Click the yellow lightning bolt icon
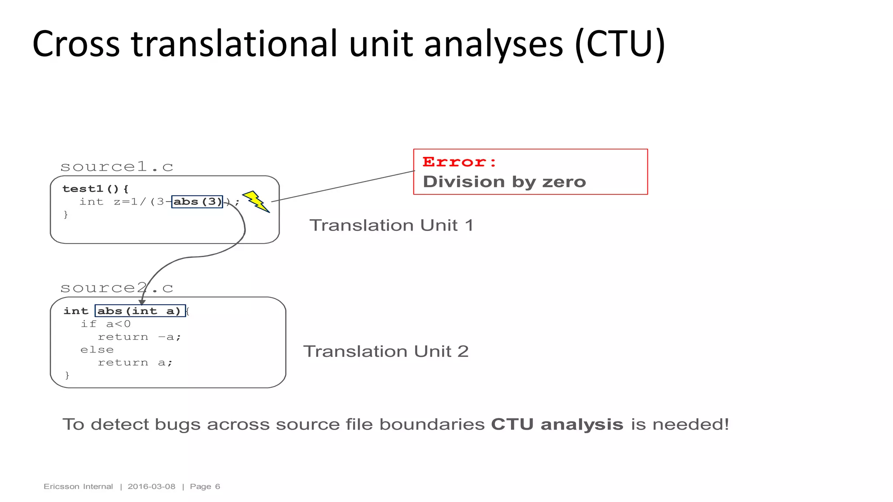coord(256,201)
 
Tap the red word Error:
coord(460,162)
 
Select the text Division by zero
coord(504,182)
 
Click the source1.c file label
coord(116,166)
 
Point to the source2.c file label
coord(116,288)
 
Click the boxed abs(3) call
coord(197,202)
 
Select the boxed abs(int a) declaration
coord(140,311)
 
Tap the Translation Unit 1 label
coord(391,225)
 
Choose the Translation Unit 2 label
coord(386,351)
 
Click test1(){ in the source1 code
coord(95,189)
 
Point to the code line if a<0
coord(106,324)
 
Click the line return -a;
coord(139,337)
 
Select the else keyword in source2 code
coord(97,349)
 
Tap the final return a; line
coord(135,363)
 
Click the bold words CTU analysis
coord(557,424)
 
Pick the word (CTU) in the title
coord(620,44)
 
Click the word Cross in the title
coord(76,44)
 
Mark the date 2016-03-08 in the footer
coord(151,486)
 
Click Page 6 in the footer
coord(205,486)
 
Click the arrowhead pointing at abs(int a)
coord(142,302)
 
